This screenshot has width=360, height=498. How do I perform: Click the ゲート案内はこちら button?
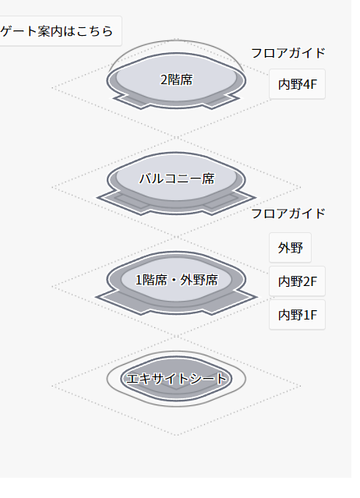point(60,31)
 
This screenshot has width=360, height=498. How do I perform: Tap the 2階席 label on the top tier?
point(176,79)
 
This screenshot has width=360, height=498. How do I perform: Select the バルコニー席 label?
point(177,178)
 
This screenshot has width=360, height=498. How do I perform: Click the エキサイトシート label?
point(177,379)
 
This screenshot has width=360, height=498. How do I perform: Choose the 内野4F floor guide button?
point(297,84)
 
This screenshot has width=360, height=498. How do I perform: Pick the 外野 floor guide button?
point(290,248)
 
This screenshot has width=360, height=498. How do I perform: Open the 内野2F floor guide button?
point(297,281)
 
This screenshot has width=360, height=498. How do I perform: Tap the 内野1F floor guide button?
point(297,315)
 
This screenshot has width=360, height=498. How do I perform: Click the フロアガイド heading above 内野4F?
point(288,53)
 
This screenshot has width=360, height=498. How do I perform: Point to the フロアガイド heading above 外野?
point(288,214)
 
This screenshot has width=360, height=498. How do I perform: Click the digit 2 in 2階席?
point(164,80)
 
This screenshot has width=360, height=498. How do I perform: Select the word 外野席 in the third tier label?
point(199,280)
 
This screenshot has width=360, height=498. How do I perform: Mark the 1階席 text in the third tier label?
point(151,280)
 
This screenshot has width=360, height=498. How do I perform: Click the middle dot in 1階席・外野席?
point(174,280)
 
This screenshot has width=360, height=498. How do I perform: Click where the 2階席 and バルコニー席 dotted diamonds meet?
point(176,138)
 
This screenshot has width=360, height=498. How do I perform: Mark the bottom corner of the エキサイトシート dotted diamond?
point(176,435)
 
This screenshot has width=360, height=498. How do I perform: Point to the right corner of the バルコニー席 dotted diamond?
point(300,187)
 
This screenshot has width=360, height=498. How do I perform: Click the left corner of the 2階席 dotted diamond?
point(52,88)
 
